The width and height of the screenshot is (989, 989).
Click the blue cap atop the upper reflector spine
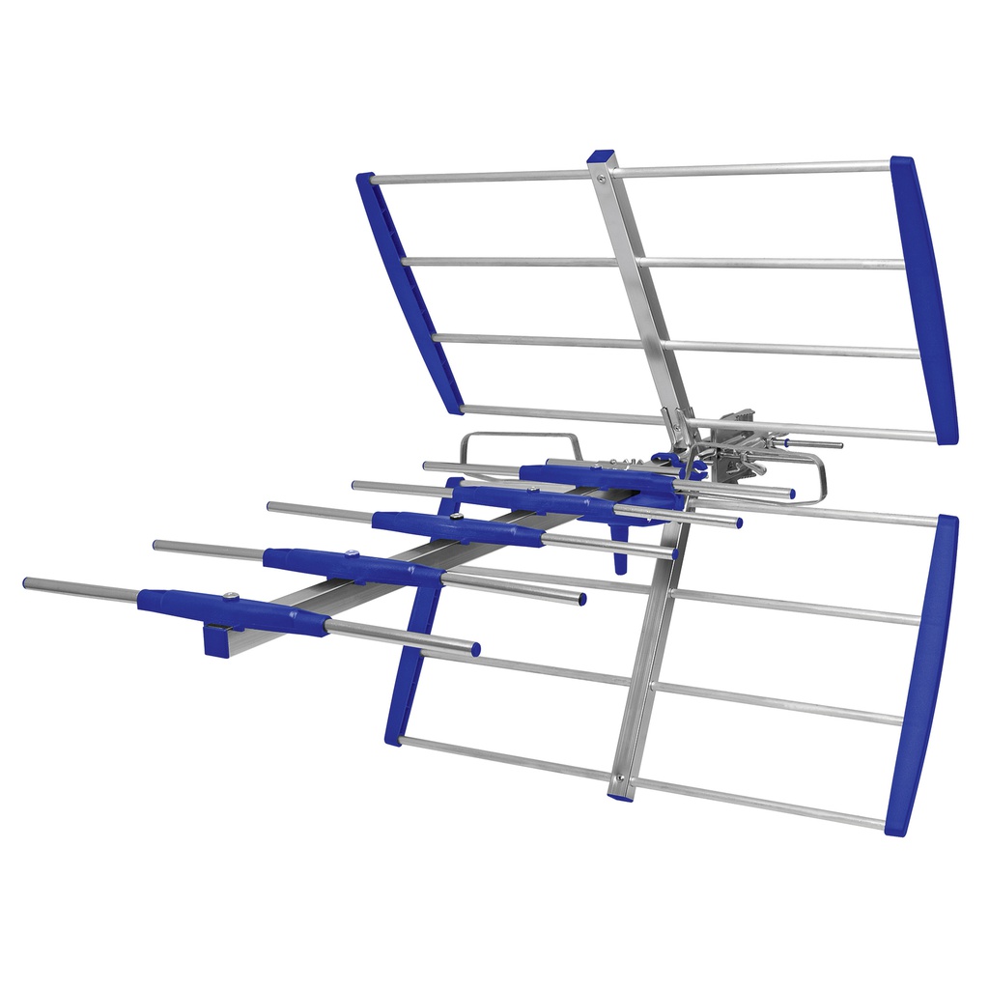pyautogui.click(x=601, y=155)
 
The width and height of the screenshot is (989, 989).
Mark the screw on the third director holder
pyautogui.click(x=456, y=518)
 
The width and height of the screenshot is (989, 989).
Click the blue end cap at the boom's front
pyautogui.click(x=216, y=641)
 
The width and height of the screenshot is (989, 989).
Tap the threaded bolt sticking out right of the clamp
pyautogui.click(x=816, y=444)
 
